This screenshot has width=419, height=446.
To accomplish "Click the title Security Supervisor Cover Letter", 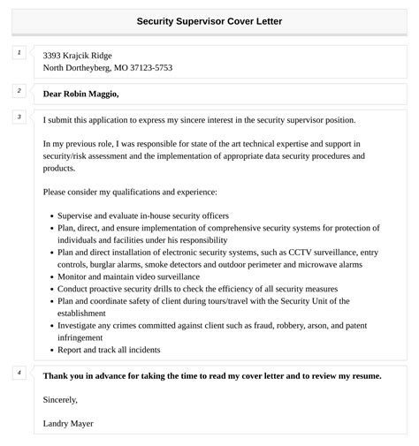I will click(209, 20).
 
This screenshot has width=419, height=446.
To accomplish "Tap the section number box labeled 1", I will click(19, 54).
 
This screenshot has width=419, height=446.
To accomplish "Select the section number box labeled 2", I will click(19, 90).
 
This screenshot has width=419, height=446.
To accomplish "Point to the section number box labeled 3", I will click(19, 117).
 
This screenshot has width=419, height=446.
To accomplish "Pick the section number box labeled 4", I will click(19, 372).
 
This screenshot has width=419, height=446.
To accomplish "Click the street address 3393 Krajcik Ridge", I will click(78, 55).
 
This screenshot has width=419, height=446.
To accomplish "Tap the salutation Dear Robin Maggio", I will click(80, 94).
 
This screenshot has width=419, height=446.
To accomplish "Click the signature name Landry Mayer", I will click(68, 423).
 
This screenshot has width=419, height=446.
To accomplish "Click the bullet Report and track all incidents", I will click(109, 350).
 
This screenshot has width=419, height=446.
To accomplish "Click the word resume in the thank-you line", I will click(363, 376).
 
